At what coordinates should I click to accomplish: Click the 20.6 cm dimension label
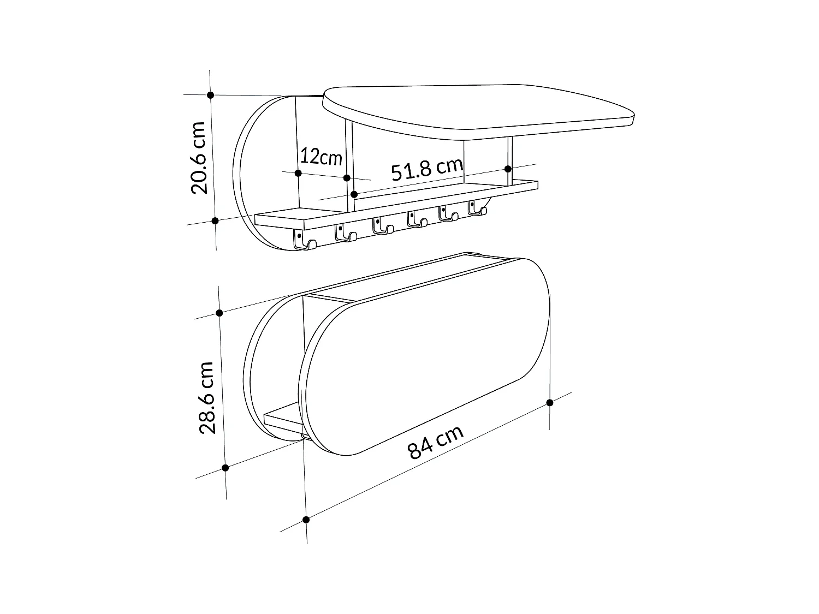coord(198,158)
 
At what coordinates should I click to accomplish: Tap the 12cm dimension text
coord(321,157)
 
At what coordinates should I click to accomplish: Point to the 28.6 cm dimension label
coord(207,398)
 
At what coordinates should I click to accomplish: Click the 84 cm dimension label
coord(436,443)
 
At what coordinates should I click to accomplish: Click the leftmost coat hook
coord(305,240)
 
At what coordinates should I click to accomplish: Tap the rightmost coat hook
coord(477,207)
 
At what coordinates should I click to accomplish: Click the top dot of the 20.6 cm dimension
coord(210,95)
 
